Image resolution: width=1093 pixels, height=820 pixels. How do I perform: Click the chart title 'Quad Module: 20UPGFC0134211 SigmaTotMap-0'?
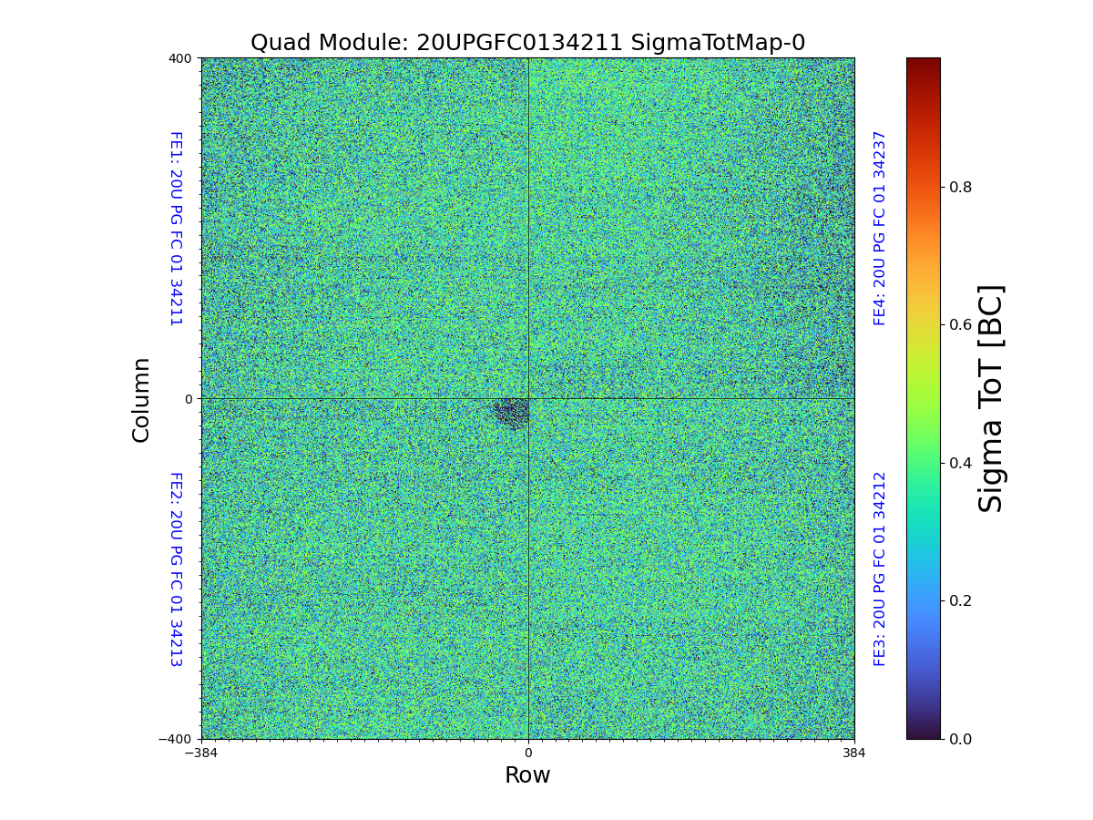click(x=527, y=43)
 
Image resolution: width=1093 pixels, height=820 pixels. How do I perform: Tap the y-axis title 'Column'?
click(x=141, y=399)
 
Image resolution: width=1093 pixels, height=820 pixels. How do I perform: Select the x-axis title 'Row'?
click(x=527, y=775)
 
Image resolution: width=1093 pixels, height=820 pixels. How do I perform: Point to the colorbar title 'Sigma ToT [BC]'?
click(x=991, y=398)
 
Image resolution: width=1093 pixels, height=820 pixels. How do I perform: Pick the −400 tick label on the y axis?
click(x=176, y=739)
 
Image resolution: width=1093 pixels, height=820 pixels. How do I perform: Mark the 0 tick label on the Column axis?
click(x=189, y=399)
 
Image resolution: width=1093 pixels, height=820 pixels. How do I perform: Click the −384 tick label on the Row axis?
click(x=201, y=753)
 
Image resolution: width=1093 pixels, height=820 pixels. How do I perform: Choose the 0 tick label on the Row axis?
click(x=527, y=753)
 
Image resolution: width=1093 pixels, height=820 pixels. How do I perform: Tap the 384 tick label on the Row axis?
click(x=854, y=753)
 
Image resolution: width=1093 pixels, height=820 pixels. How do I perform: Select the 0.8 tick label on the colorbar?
click(x=961, y=187)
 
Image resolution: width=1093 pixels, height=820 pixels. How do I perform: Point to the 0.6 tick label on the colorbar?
click(x=961, y=325)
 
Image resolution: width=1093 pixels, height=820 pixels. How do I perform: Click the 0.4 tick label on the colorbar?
click(x=961, y=463)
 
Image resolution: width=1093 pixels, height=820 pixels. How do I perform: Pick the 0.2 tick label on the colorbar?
click(x=961, y=600)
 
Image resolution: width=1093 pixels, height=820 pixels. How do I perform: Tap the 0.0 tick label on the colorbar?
click(x=961, y=739)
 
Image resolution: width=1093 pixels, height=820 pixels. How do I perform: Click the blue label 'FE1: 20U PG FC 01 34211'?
click(x=176, y=229)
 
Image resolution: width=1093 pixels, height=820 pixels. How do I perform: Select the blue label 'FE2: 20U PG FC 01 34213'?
click(x=176, y=569)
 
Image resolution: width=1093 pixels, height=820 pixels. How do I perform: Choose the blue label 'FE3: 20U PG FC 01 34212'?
click(x=880, y=569)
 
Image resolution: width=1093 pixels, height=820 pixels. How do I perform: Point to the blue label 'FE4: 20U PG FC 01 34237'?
click(x=880, y=228)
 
